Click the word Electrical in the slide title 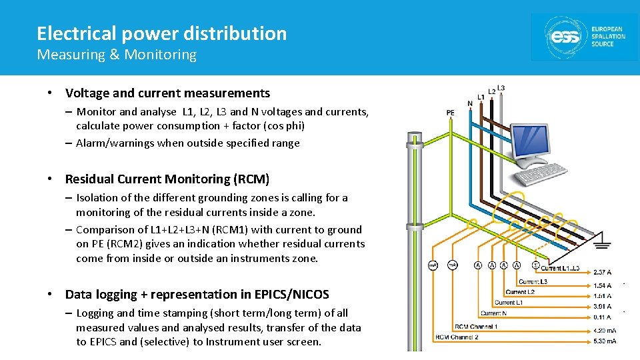tap(69, 33)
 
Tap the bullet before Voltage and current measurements tap(51, 93)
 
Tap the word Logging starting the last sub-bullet tap(95, 313)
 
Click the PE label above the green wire tap(451, 113)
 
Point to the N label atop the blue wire tap(470, 103)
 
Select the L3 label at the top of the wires tap(501, 88)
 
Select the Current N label tap(495, 313)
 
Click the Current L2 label tap(520, 292)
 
